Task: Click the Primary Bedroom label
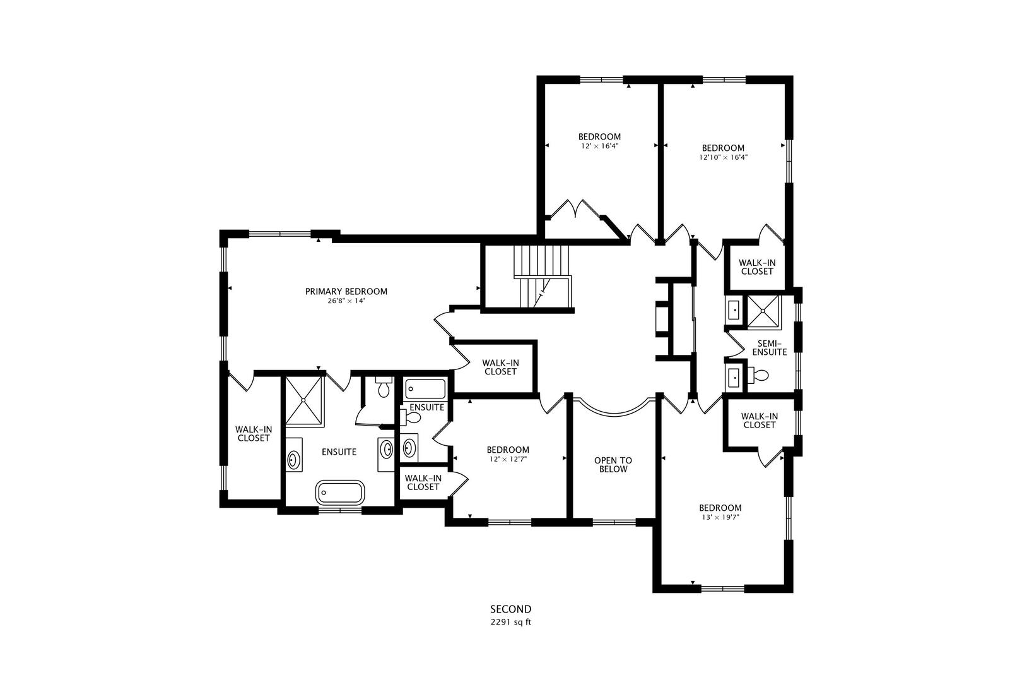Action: coord(346,291)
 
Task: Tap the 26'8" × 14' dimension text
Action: coord(346,301)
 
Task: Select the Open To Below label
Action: coord(613,465)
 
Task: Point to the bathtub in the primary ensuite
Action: coord(340,492)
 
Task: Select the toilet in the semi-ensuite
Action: coord(759,376)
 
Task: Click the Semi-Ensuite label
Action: coord(772,347)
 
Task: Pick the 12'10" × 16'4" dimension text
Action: coord(723,158)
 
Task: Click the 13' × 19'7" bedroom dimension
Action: coord(720,517)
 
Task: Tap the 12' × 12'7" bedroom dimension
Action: coord(508,460)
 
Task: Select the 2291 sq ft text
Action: coord(511,622)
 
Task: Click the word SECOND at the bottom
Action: coord(511,609)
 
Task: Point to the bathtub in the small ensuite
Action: coord(425,388)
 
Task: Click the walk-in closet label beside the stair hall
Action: coord(500,367)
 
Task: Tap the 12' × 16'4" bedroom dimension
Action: coord(599,146)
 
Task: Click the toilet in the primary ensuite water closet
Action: coord(383,388)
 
